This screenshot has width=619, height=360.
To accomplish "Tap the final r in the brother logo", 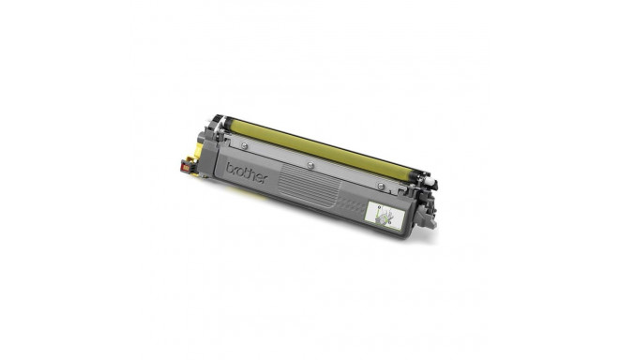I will (264, 179).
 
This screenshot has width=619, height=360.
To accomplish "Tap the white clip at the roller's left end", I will (218, 123).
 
